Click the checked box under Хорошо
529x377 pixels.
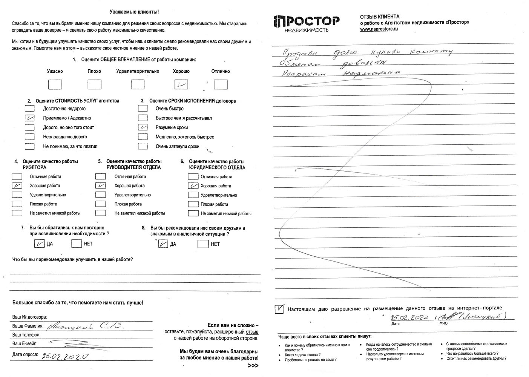click(181, 84)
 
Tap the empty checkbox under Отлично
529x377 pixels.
click(221, 84)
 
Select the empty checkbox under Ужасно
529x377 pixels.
click(55, 84)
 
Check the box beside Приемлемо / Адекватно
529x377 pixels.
click(29, 118)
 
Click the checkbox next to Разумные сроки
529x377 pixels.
click(143, 127)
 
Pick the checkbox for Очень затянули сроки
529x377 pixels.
click(143, 146)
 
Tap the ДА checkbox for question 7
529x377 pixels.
click(39, 244)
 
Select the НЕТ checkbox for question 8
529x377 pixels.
click(203, 244)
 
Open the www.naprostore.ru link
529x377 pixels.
click(379, 29)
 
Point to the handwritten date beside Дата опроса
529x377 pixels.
click(65, 356)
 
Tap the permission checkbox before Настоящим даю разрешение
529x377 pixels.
click(279, 309)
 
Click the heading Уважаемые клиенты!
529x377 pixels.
click(134, 12)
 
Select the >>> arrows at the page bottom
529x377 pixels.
click(253, 366)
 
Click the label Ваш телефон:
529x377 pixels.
click(26, 335)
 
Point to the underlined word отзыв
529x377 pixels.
click(252, 332)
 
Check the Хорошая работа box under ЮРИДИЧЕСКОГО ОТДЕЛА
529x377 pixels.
click(193, 185)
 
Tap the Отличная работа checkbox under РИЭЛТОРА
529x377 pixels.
click(17, 176)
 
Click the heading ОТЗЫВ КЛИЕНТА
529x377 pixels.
click(380, 17)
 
